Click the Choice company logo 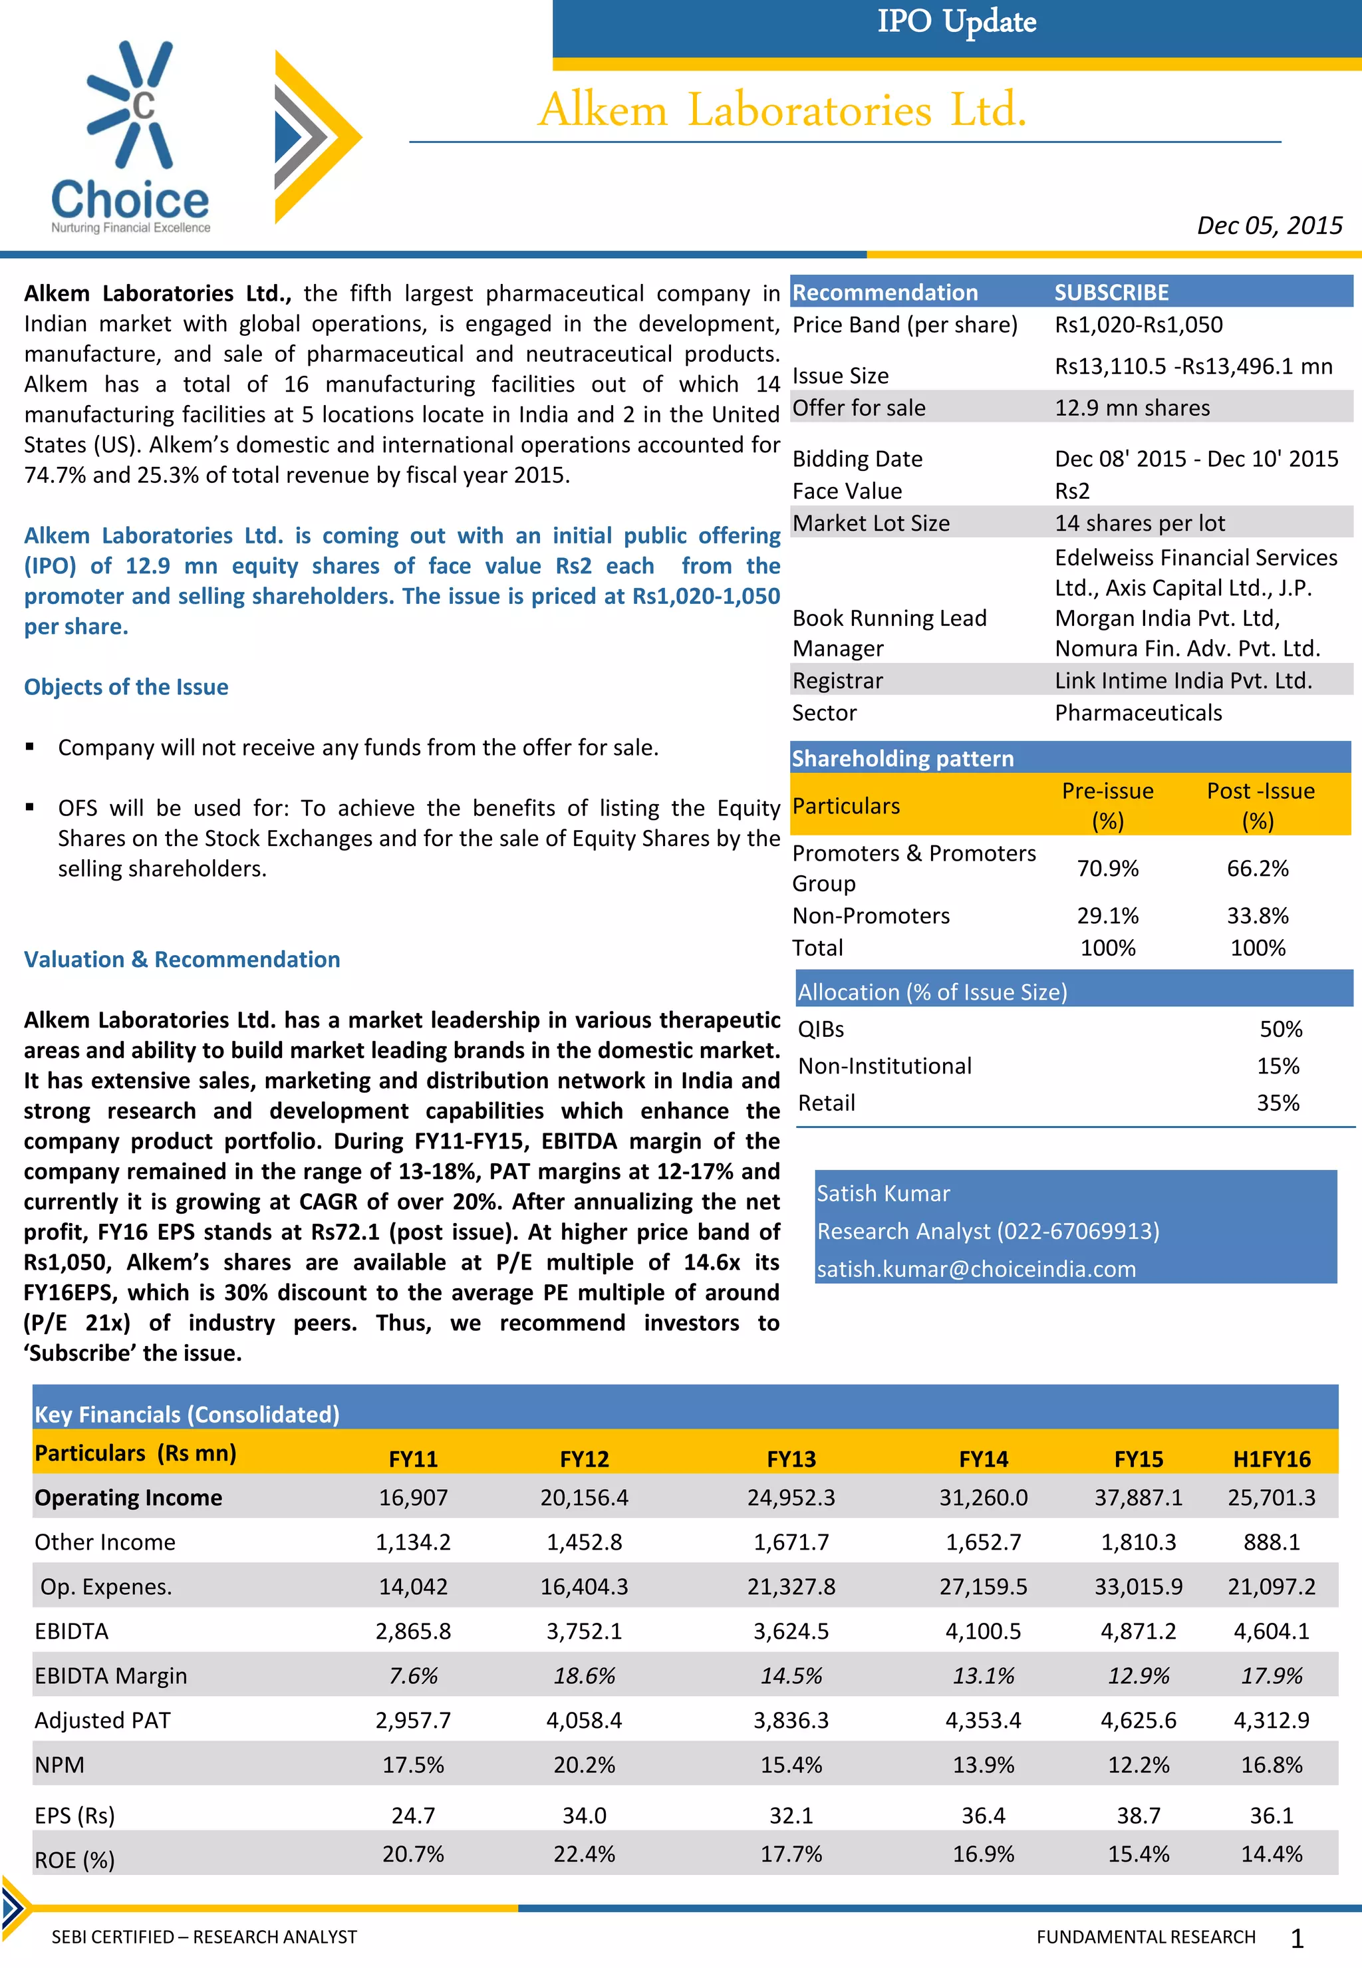pyautogui.click(x=130, y=136)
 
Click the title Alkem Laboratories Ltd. pyautogui.click(x=781, y=110)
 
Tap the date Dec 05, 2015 pyautogui.click(x=1268, y=225)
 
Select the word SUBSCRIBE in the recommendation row pyautogui.click(x=1111, y=293)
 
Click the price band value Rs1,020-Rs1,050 pyautogui.click(x=1139, y=325)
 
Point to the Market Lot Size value pyautogui.click(x=1139, y=523)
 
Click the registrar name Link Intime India pyautogui.click(x=1183, y=681)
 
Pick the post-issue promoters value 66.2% pyautogui.click(x=1257, y=869)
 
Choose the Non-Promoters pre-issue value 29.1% pyautogui.click(x=1107, y=916)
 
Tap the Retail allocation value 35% pyautogui.click(x=1278, y=1103)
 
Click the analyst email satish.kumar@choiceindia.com pyautogui.click(x=976, y=1269)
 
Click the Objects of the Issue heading pyautogui.click(x=126, y=687)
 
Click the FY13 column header pyautogui.click(x=791, y=1459)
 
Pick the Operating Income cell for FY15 pyautogui.click(x=1138, y=1498)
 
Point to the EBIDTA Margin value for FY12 pyautogui.click(x=584, y=1676)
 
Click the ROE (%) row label pyautogui.click(x=74, y=1860)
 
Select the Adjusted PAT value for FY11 pyautogui.click(x=413, y=1721)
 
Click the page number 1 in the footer pyautogui.click(x=1296, y=1939)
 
